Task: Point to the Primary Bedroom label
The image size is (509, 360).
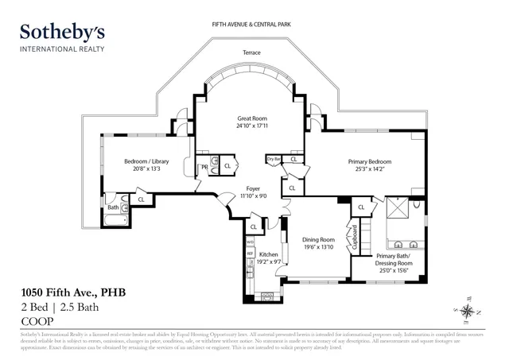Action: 370,161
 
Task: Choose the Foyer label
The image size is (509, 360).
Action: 252,188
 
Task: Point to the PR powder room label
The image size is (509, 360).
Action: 204,167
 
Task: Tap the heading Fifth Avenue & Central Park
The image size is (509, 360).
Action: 253,25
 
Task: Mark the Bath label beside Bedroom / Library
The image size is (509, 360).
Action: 114,207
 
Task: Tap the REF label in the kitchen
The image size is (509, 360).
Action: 249,254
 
